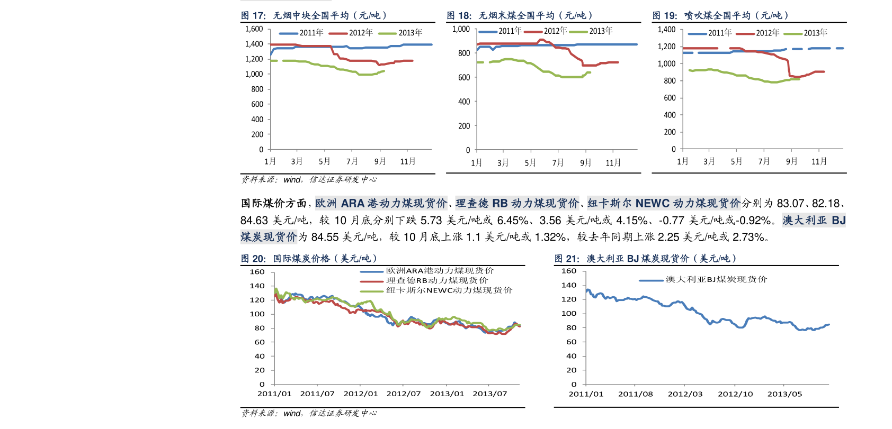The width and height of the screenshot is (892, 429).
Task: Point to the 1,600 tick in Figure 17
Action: point(254,29)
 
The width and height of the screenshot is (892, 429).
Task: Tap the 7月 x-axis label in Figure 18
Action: point(558,163)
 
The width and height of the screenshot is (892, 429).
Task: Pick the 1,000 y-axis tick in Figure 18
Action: point(461,29)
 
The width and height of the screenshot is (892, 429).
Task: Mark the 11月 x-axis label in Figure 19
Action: point(819,161)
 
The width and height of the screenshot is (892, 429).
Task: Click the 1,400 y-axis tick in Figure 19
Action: point(666,30)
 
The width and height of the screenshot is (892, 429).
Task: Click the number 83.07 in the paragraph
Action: point(791,203)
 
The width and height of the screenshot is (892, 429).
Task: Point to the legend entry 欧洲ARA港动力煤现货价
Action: point(440,271)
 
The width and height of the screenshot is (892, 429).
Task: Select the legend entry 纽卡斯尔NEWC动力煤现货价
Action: point(449,290)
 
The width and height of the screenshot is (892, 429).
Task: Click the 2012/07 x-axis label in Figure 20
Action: point(404,394)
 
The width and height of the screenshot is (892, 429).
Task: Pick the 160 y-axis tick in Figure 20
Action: point(257,272)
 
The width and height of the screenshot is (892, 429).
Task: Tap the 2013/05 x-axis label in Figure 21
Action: point(784,394)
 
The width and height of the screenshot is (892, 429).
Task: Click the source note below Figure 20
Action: point(309,413)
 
